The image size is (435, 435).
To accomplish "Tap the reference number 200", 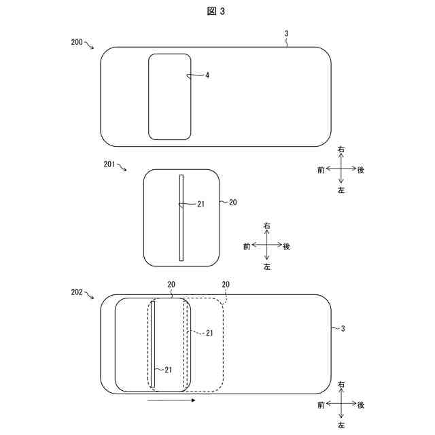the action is [77, 42].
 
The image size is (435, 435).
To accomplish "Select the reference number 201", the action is [109, 164].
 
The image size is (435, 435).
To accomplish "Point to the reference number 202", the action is [77, 292].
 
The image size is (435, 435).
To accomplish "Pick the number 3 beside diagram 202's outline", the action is [343, 329].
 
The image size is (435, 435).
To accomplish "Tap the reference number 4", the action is [207, 75].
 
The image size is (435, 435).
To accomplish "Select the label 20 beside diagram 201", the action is [232, 203].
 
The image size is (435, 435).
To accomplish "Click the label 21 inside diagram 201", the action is [201, 204].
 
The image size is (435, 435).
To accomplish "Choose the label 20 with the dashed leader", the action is [226, 284].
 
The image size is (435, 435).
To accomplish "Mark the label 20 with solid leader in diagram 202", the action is [171, 284].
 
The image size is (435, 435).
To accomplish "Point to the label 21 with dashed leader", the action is [209, 333].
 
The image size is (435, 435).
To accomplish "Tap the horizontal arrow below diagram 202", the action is [171, 400].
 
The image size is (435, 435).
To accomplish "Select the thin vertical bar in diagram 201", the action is [181, 217].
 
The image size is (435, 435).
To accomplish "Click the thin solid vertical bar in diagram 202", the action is [152, 344].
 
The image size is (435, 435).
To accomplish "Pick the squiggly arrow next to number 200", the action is [89, 45].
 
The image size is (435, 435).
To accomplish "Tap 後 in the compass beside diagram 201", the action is [287, 246].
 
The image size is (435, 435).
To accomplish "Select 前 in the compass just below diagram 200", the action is [320, 170].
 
